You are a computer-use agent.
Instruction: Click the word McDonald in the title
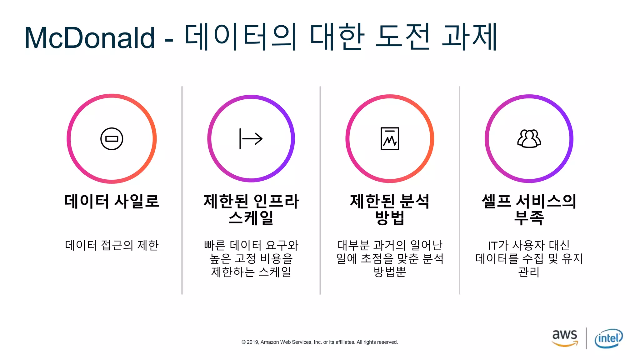90,38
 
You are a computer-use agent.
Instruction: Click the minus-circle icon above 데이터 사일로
112,139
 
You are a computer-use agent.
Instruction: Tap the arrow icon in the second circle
251,139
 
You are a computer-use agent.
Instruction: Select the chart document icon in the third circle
390,139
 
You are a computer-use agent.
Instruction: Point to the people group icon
529,138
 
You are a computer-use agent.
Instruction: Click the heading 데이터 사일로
112,201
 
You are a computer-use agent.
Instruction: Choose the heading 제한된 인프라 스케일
251,209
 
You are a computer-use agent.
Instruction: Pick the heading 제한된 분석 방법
390,209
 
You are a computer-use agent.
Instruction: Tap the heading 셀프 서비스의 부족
529,209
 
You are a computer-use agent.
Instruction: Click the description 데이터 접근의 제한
112,245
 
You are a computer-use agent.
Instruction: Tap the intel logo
608,338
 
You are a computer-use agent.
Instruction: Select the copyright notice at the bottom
319,342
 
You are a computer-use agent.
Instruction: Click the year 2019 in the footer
252,342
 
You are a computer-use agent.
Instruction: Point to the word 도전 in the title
403,37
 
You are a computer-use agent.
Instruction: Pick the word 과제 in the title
469,37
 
